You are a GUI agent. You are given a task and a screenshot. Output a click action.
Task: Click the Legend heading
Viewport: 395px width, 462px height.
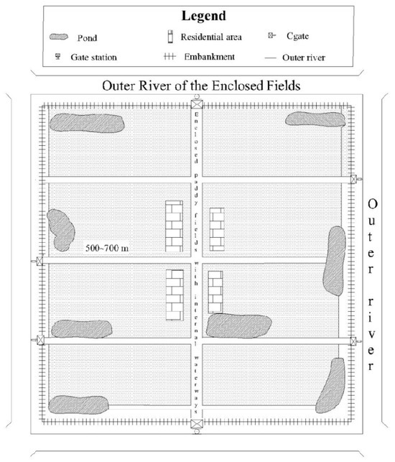[203, 16]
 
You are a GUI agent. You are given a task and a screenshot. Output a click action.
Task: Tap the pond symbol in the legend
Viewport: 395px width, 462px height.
[59, 37]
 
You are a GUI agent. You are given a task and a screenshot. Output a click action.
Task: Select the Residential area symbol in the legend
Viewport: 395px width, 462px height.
[170, 37]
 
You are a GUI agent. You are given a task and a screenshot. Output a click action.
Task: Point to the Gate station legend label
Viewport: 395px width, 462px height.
[93, 57]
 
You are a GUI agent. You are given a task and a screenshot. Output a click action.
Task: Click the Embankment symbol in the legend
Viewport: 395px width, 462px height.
[169, 56]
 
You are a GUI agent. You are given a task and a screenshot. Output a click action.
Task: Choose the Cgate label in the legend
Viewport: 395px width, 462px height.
[297, 36]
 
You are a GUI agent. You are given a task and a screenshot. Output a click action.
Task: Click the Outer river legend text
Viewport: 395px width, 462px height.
[304, 57]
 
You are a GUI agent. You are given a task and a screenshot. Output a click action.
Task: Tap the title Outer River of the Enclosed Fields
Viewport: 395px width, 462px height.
[201, 86]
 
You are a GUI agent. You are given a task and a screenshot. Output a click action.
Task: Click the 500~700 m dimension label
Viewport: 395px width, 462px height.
[106, 248]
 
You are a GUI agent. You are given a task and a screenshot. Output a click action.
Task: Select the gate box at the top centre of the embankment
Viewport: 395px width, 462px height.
[197, 104]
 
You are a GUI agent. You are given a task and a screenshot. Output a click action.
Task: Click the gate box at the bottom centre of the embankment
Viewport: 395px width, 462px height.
[197, 424]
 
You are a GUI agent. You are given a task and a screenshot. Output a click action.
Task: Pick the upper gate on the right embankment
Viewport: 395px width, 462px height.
[353, 179]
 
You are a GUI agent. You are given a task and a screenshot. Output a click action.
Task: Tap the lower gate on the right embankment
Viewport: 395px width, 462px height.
[353, 341]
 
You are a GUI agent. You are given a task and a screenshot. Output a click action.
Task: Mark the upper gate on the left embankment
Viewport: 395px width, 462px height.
[39, 261]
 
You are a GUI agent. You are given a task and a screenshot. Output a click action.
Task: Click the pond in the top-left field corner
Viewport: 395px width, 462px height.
[87, 123]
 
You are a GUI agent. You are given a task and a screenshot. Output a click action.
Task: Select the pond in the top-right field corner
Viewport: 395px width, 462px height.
[315, 119]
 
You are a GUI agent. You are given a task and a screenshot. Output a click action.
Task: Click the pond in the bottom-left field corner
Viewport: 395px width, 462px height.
[78, 405]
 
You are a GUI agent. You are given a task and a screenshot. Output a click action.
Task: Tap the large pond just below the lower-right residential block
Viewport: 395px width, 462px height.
[238, 325]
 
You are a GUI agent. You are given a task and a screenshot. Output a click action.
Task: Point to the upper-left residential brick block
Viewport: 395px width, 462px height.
[174, 226]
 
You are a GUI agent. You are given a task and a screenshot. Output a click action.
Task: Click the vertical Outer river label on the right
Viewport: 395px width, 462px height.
[372, 285]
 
